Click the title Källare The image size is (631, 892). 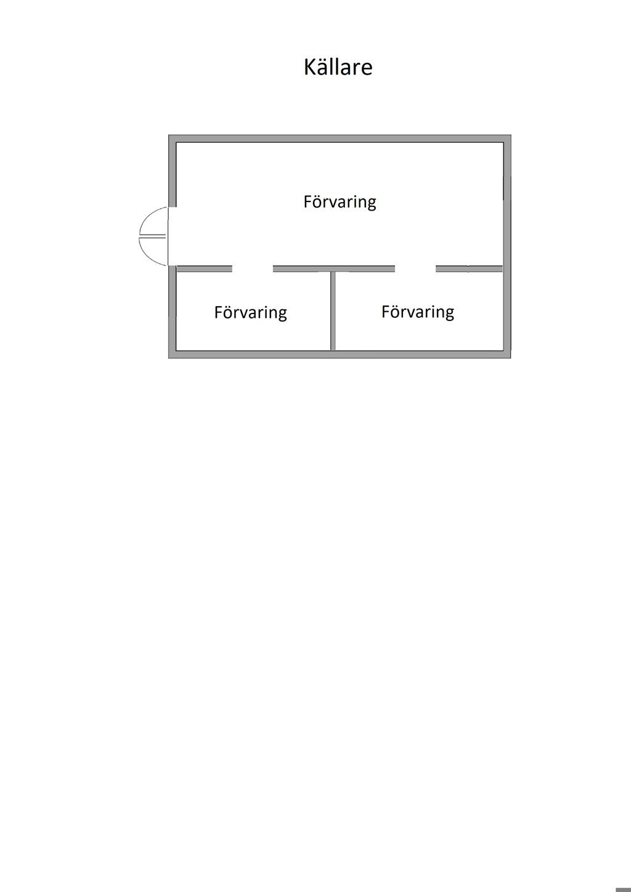pos(338,67)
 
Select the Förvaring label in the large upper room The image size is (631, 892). pos(340,202)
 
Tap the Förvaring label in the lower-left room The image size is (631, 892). pos(250,313)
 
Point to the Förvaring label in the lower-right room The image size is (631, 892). pos(417,312)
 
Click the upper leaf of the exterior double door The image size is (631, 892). pos(154,221)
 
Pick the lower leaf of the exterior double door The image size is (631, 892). pos(154,251)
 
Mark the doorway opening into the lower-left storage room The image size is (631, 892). pos(253,269)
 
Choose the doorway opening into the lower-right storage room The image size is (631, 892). pos(415,269)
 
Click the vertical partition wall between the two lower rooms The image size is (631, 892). pos(333,311)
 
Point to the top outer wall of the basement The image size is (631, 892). pos(340,139)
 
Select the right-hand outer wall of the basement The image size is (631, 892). pos(507,246)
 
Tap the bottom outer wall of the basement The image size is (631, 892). pos(340,354)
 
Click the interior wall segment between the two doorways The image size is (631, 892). pos(333,269)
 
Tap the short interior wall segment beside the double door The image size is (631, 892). pos(204,269)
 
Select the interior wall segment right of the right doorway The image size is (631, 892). pos(470,269)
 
